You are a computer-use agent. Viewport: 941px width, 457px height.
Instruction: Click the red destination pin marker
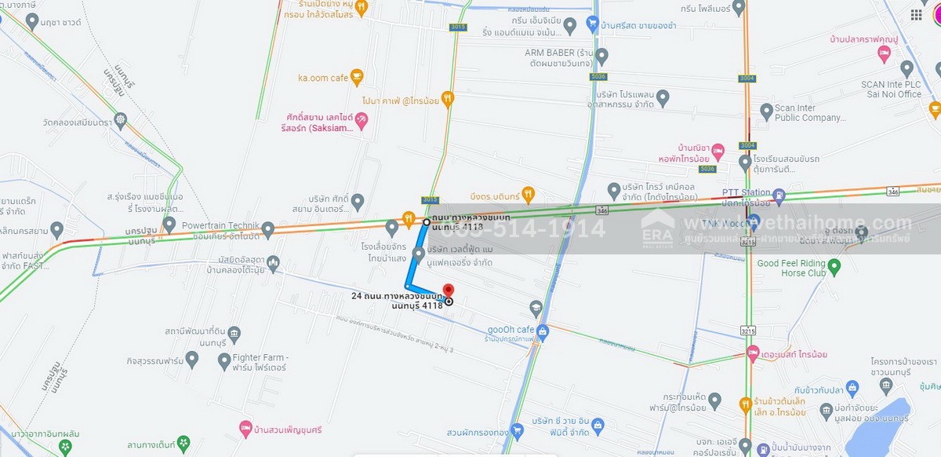pyautogui.click(x=449, y=291)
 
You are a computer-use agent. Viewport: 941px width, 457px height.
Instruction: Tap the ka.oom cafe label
pyautogui.click(x=322, y=78)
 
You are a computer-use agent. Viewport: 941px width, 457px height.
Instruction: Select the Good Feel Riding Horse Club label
pyautogui.click(x=791, y=268)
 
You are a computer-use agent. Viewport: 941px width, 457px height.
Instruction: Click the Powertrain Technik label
pyautogui.click(x=216, y=225)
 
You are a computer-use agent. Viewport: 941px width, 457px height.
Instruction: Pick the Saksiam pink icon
pyautogui.click(x=362, y=120)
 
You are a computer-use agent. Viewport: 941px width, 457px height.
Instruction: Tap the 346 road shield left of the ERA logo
pyautogui.click(x=601, y=210)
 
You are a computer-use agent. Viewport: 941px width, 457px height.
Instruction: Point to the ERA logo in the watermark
pyautogui.click(x=657, y=228)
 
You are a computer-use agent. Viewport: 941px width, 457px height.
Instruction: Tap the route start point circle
pyautogui.click(x=427, y=222)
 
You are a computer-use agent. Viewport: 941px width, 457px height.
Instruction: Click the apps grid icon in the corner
pyautogui.click(x=916, y=15)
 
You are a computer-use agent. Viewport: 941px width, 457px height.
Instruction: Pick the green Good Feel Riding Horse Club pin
pyautogui.click(x=834, y=268)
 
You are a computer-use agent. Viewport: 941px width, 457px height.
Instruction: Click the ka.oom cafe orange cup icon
pyautogui.click(x=357, y=77)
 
